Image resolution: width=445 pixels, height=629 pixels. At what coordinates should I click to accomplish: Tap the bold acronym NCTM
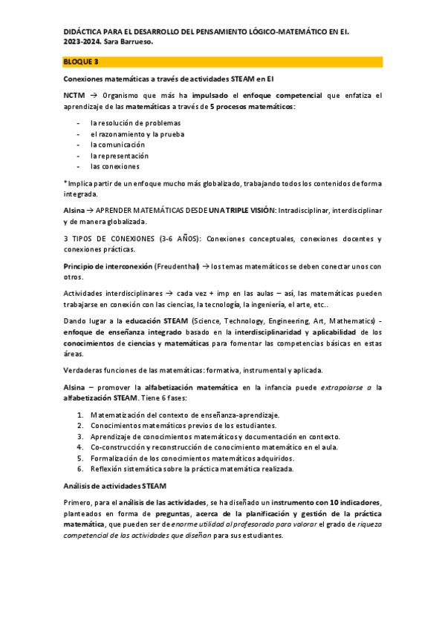pyautogui.click(x=74, y=96)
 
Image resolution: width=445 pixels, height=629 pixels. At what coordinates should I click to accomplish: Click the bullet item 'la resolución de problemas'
pyautogui.click(x=135, y=122)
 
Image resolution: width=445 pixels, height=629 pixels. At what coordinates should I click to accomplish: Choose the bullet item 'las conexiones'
pyautogui.click(x=115, y=166)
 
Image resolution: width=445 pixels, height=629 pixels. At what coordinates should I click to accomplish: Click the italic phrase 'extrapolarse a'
pyautogui.click(x=347, y=386)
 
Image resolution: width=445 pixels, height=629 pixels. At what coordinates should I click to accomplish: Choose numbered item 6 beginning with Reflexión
pyautogui.click(x=192, y=469)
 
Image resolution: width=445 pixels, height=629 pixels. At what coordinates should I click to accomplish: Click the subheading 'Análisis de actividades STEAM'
pyautogui.click(x=115, y=486)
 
